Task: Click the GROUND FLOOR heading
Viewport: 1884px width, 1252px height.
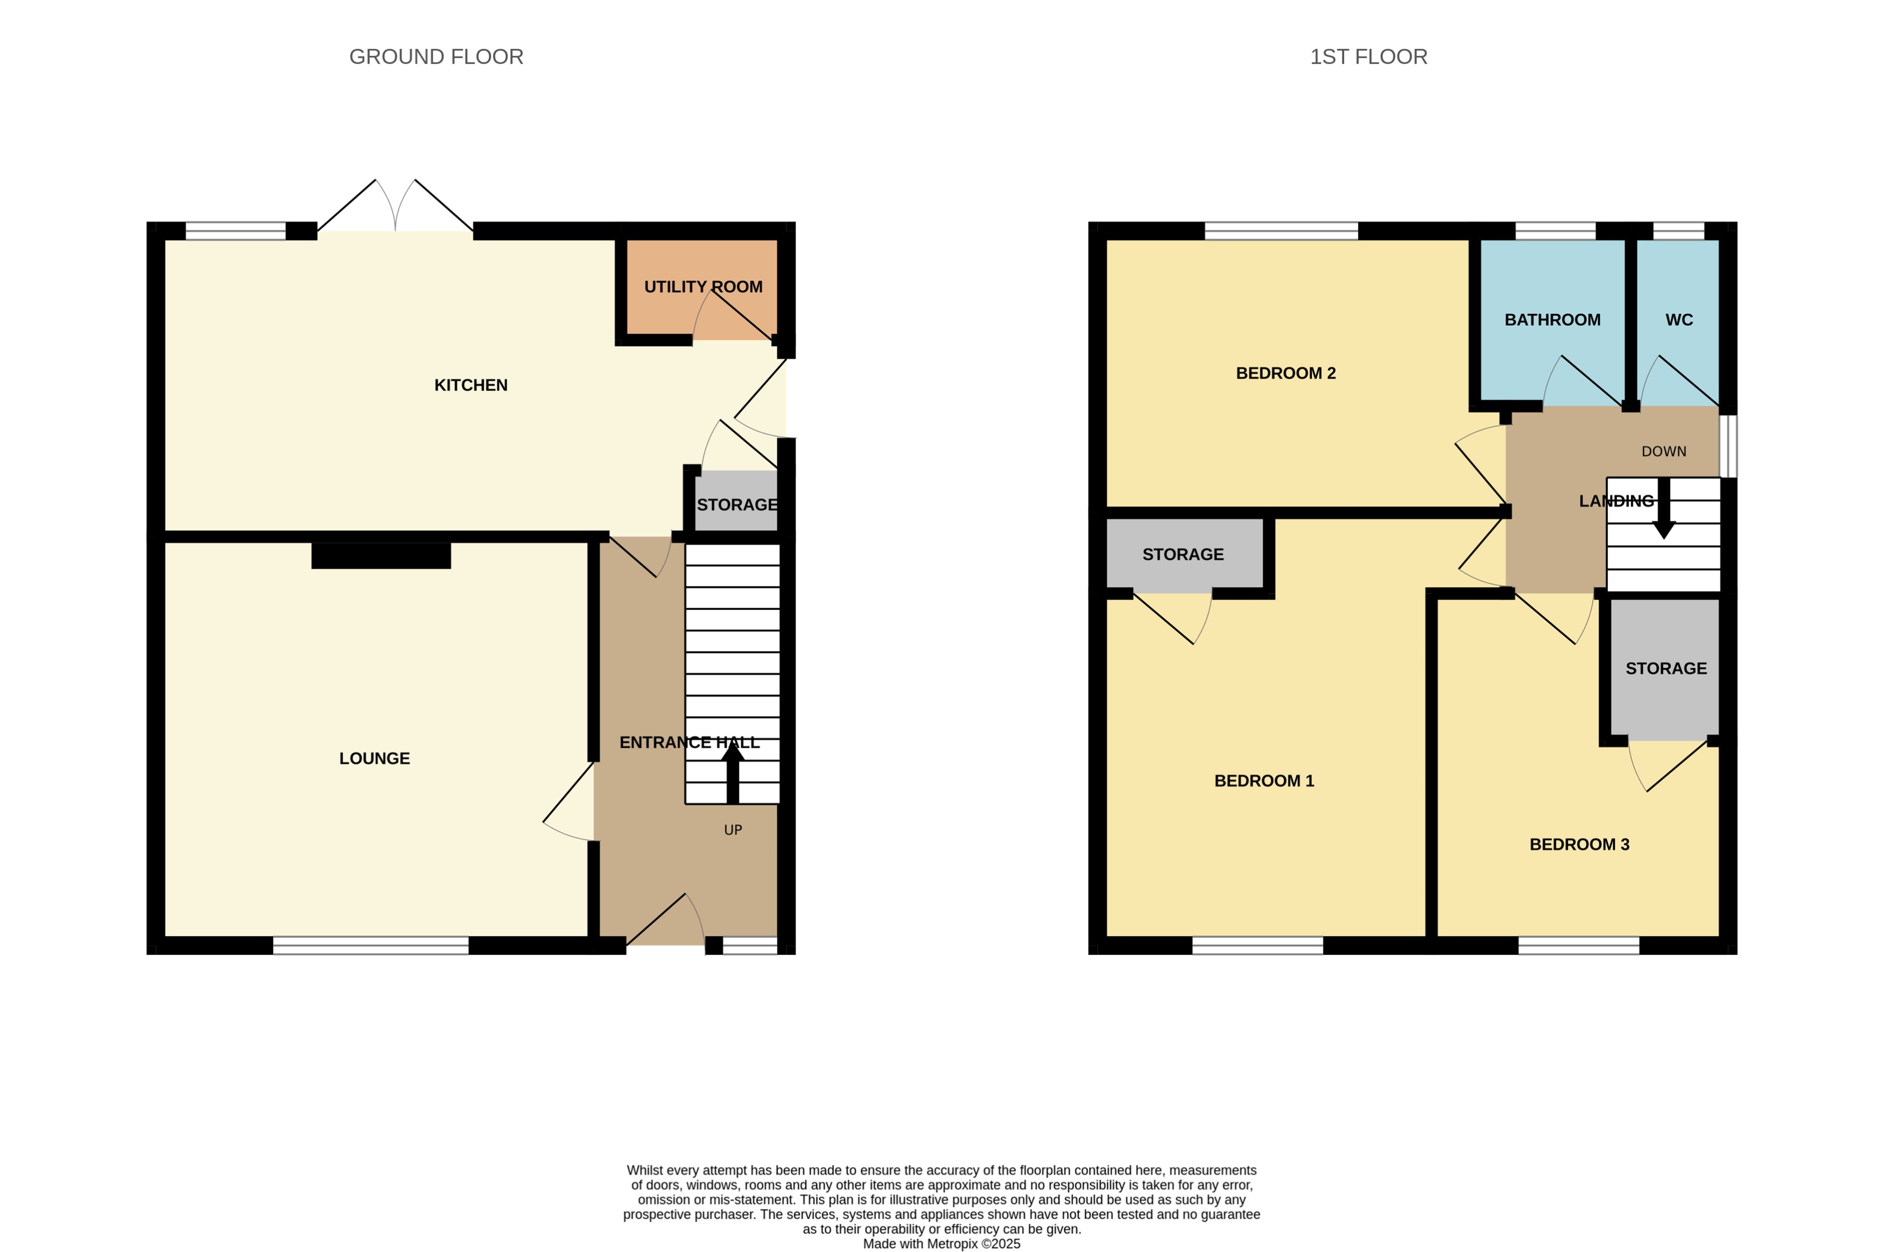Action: (436, 57)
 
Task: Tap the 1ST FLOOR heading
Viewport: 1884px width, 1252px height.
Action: (1368, 57)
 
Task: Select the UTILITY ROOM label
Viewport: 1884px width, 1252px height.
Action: (702, 287)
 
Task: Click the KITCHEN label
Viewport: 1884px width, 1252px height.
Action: (470, 385)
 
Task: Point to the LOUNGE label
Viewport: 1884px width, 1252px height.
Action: (375, 758)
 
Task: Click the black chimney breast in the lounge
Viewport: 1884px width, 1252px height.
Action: (381, 555)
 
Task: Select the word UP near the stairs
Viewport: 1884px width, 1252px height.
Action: (732, 831)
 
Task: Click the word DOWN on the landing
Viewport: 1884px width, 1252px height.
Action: (1664, 452)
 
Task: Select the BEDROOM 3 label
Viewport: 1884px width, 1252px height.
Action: (1578, 845)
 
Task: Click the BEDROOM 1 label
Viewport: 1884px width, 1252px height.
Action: (1264, 781)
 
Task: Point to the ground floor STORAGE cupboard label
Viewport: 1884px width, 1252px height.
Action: (736, 505)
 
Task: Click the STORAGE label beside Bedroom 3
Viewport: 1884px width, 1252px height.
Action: (1666, 669)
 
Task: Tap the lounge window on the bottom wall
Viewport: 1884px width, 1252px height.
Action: (370, 945)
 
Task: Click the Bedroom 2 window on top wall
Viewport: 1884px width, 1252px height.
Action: (1281, 231)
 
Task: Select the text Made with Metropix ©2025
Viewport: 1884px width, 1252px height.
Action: (941, 1243)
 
